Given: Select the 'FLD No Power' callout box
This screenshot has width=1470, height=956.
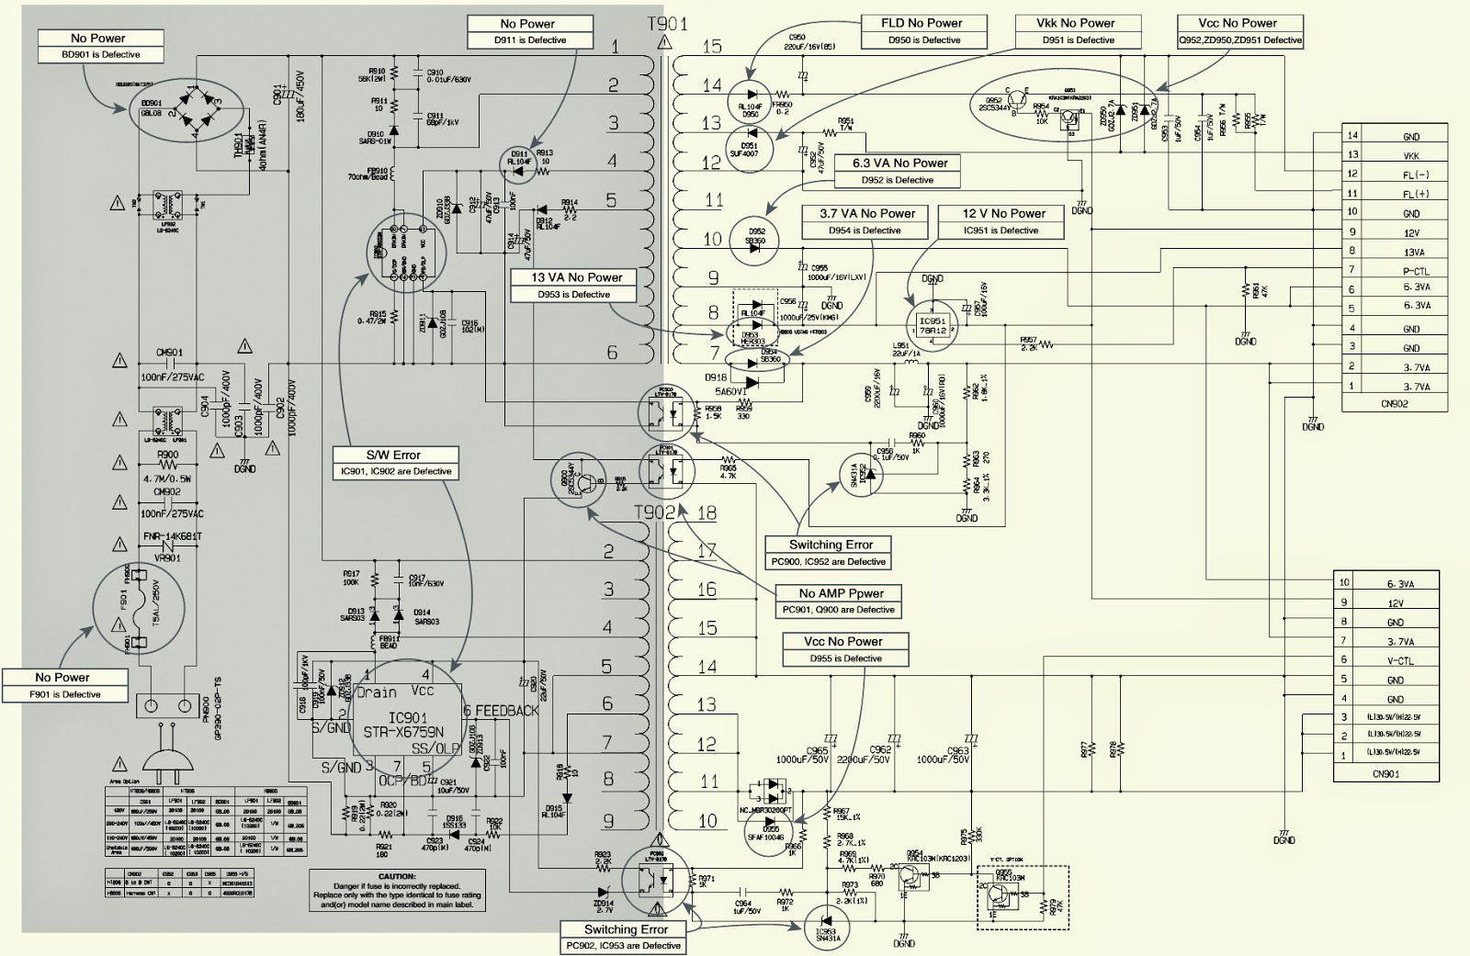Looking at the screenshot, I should pyautogui.click(x=922, y=31).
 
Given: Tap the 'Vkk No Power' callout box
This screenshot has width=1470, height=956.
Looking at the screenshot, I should pyautogui.click(x=1076, y=31).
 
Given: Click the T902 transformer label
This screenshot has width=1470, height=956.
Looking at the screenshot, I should pyautogui.click(x=653, y=512).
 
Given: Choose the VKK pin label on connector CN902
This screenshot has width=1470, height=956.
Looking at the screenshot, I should pyautogui.click(x=1410, y=156).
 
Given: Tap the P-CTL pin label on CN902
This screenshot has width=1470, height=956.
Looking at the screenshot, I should pyautogui.click(x=1415, y=271).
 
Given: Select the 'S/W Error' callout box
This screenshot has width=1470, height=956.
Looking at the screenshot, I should pyautogui.click(x=393, y=462).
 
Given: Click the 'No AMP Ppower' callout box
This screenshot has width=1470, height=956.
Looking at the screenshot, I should pyautogui.click(x=836, y=601).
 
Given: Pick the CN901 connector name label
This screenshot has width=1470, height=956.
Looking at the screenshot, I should pyautogui.click(x=1385, y=773).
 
